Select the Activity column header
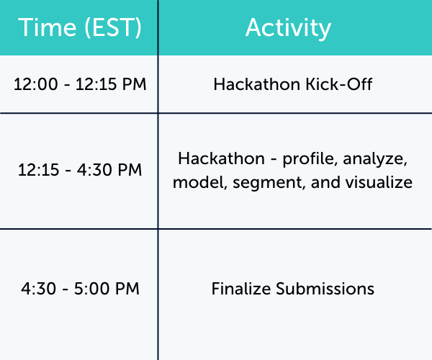coord(288,27)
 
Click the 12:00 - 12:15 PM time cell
coord(79,84)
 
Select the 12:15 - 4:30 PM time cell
coord(79,171)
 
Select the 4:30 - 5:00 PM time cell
coord(79,289)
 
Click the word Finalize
coord(238,289)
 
